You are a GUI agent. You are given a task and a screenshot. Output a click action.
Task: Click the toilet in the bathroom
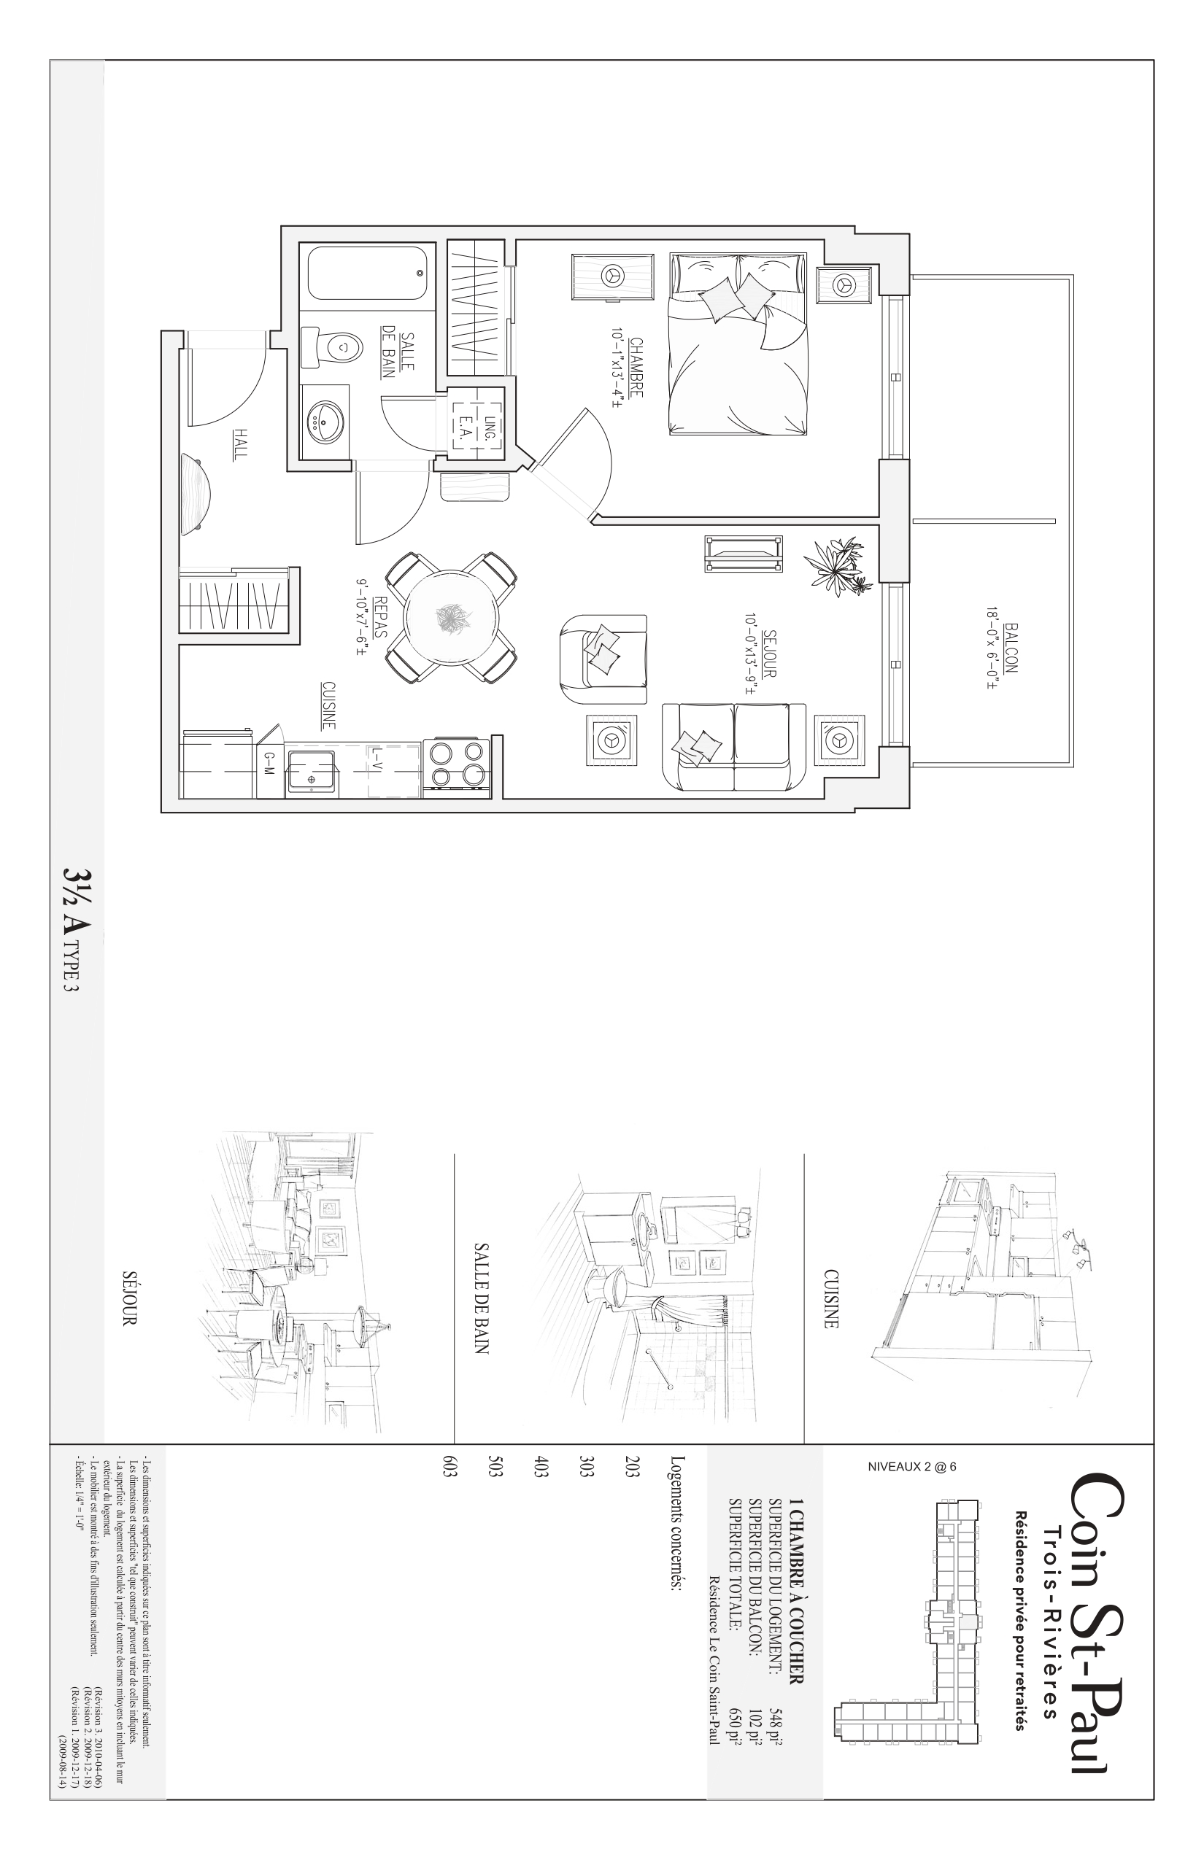click(331, 347)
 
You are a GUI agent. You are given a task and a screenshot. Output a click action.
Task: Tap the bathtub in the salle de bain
click(366, 274)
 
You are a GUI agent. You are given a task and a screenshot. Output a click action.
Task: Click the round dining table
click(451, 619)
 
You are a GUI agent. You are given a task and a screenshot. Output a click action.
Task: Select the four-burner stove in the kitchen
click(457, 767)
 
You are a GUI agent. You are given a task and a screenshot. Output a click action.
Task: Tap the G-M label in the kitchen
click(269, 765)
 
